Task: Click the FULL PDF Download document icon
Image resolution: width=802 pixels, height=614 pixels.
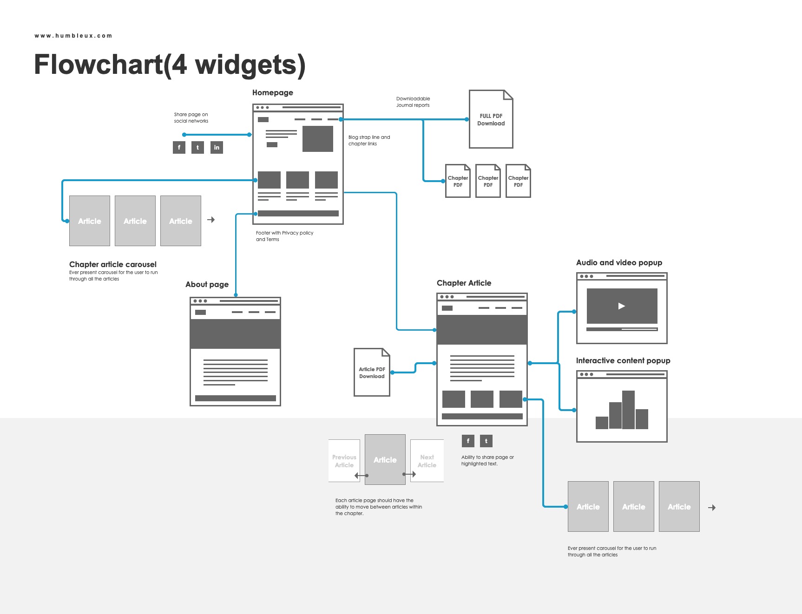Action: pos(491,119)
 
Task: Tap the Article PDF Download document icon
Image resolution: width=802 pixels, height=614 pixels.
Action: pos(372,372)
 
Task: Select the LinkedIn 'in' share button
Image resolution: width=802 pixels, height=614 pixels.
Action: pos(217,148)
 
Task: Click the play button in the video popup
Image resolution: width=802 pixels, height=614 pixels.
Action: pos(622,306)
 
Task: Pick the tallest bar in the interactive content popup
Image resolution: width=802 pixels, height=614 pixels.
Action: pos(628,410)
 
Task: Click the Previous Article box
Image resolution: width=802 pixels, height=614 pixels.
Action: pos(344,461)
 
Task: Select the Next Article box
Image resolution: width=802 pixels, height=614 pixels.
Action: pos(427,461)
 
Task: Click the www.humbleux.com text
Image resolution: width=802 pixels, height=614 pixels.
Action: pos(73,36)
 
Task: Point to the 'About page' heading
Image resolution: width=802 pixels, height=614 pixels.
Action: pos(207,284)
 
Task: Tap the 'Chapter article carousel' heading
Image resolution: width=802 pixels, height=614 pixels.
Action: pos(113,264)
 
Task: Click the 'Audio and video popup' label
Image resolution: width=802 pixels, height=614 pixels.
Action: pos(619,262)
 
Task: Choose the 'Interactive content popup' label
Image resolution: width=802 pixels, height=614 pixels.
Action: pos(623,360)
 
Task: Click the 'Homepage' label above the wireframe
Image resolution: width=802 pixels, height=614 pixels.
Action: pos(273,92)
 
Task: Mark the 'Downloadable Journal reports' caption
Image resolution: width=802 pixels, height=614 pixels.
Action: pos(413,102)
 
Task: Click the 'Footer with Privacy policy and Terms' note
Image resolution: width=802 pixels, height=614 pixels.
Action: pos(284,236)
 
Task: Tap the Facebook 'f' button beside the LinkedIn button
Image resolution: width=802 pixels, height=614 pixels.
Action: pos(179,148)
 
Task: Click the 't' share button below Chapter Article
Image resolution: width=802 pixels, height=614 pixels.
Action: pos(486,441)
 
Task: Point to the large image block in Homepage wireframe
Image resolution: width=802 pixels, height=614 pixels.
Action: pos(318,138)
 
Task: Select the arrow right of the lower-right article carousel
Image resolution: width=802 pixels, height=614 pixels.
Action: pos(712,508)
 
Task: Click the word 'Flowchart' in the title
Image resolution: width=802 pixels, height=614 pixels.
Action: pos(98,65)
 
